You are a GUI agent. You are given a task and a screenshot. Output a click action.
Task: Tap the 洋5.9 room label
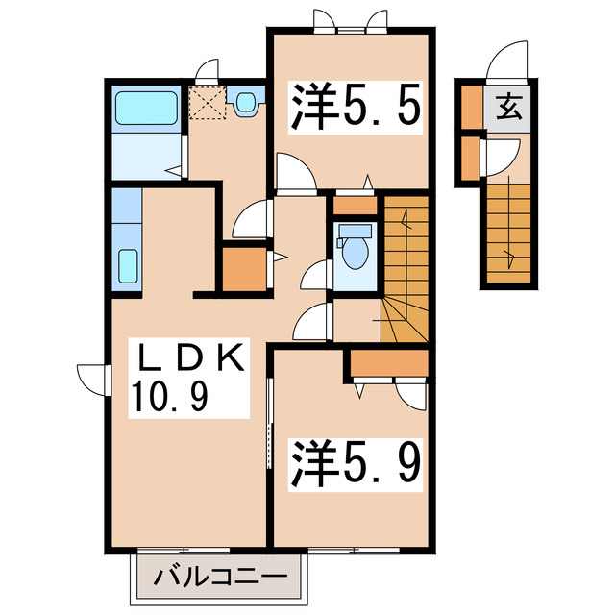(353, 464)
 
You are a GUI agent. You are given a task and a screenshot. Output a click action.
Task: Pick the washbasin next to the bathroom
(245, 101)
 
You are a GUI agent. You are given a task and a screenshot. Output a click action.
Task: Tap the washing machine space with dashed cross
(205, 102)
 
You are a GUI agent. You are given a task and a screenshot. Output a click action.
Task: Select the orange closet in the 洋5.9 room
(389, 363)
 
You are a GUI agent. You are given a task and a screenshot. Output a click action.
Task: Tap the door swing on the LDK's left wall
(91, 378)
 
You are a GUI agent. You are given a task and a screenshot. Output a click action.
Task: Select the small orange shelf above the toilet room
(356, 204)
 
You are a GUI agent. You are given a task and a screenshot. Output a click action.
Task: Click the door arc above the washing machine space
(207, 69)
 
